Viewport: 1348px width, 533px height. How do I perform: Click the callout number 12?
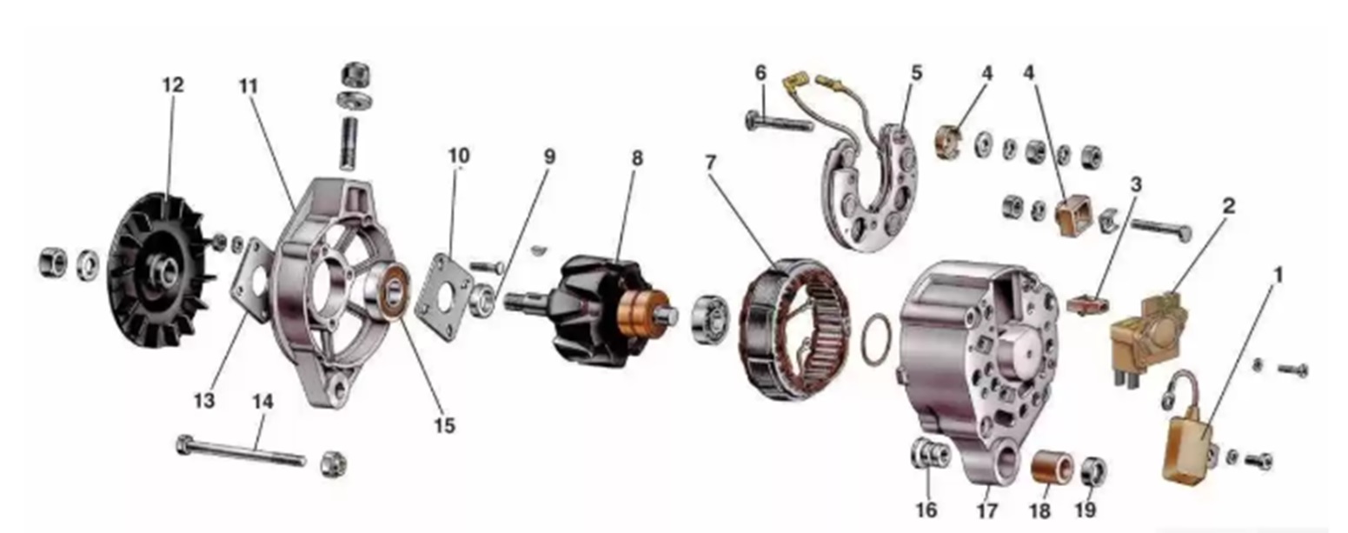[x=173, y=85]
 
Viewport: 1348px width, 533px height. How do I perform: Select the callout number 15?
[x=445, y=425]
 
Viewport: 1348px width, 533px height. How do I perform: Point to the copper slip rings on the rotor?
[x=643, y=312]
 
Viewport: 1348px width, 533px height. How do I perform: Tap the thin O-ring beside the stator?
[x=878, y=341]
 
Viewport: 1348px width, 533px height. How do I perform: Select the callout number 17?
[x=987, y=510]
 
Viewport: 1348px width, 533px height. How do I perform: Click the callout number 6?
[x=760, y=74]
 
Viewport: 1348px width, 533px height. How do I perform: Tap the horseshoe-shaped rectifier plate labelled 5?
[x=870, y=186]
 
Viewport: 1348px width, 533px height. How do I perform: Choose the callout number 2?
[x=1229, y=206]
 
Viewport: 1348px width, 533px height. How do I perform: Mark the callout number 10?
[x=459, y=155]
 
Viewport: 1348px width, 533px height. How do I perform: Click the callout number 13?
[x=204, y=400]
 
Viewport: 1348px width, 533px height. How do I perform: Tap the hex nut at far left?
[x=53, y=263]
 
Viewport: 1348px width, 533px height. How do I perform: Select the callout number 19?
[x=1086, y=510]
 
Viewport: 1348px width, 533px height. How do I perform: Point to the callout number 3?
[x=1136, y=185]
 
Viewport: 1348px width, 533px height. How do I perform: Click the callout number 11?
[x=248, y=86]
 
